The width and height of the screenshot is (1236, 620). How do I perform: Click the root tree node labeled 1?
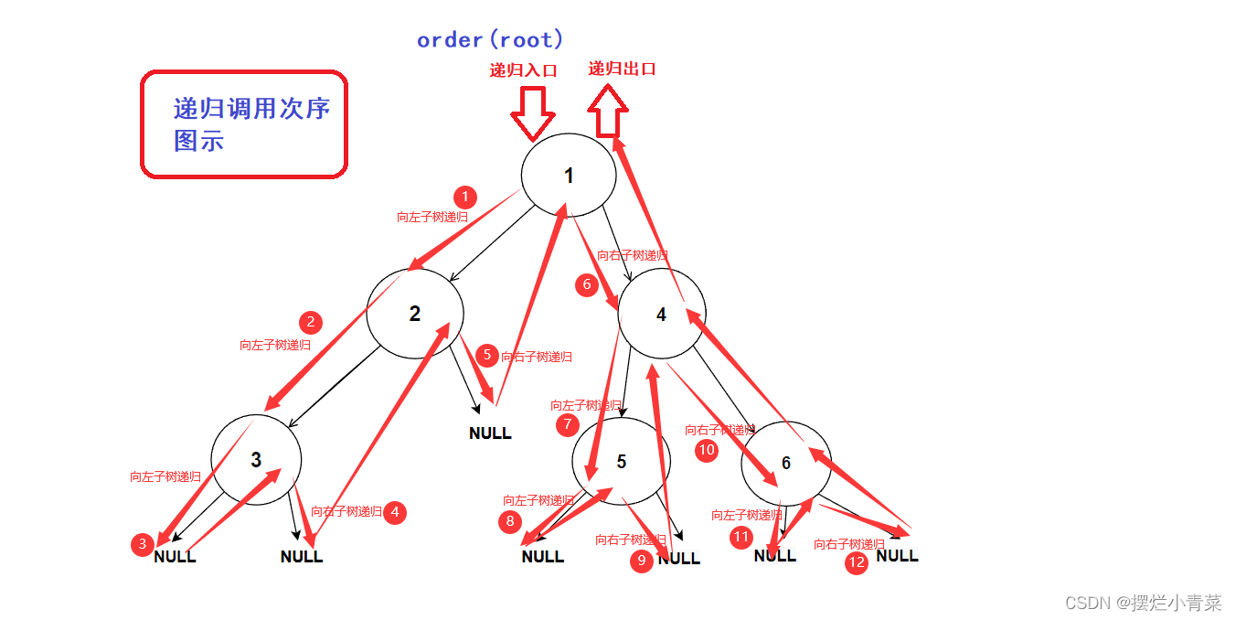point(569,176)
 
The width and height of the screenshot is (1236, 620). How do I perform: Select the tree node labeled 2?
point(414,314)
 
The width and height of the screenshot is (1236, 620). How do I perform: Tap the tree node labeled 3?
point(256,459)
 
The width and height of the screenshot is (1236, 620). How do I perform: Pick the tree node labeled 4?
point(662,315)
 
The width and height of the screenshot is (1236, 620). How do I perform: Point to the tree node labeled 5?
point(622,461)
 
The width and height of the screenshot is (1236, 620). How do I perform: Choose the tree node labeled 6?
point(785,464)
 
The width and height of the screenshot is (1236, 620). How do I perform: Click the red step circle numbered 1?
point(465,197)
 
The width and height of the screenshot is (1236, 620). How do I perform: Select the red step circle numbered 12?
point(857,562)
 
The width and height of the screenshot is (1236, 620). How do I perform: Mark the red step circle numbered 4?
point(395,512)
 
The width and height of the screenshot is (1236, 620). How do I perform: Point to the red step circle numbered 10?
point(707,450)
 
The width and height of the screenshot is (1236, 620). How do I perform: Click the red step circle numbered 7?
point(568,424)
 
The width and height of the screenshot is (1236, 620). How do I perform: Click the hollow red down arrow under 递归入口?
point(533,112)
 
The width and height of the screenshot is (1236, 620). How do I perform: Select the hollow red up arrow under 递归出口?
point(608,111)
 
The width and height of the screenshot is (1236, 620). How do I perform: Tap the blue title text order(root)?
point(490,40)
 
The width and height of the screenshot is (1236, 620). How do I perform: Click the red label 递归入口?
point(524,70)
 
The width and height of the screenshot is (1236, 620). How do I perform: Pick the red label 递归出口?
point(622,69)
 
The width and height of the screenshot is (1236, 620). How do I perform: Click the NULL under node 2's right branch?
point(490,433)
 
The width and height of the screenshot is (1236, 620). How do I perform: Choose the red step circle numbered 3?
point(142,545)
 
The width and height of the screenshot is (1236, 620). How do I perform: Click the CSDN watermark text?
point(1143,603)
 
